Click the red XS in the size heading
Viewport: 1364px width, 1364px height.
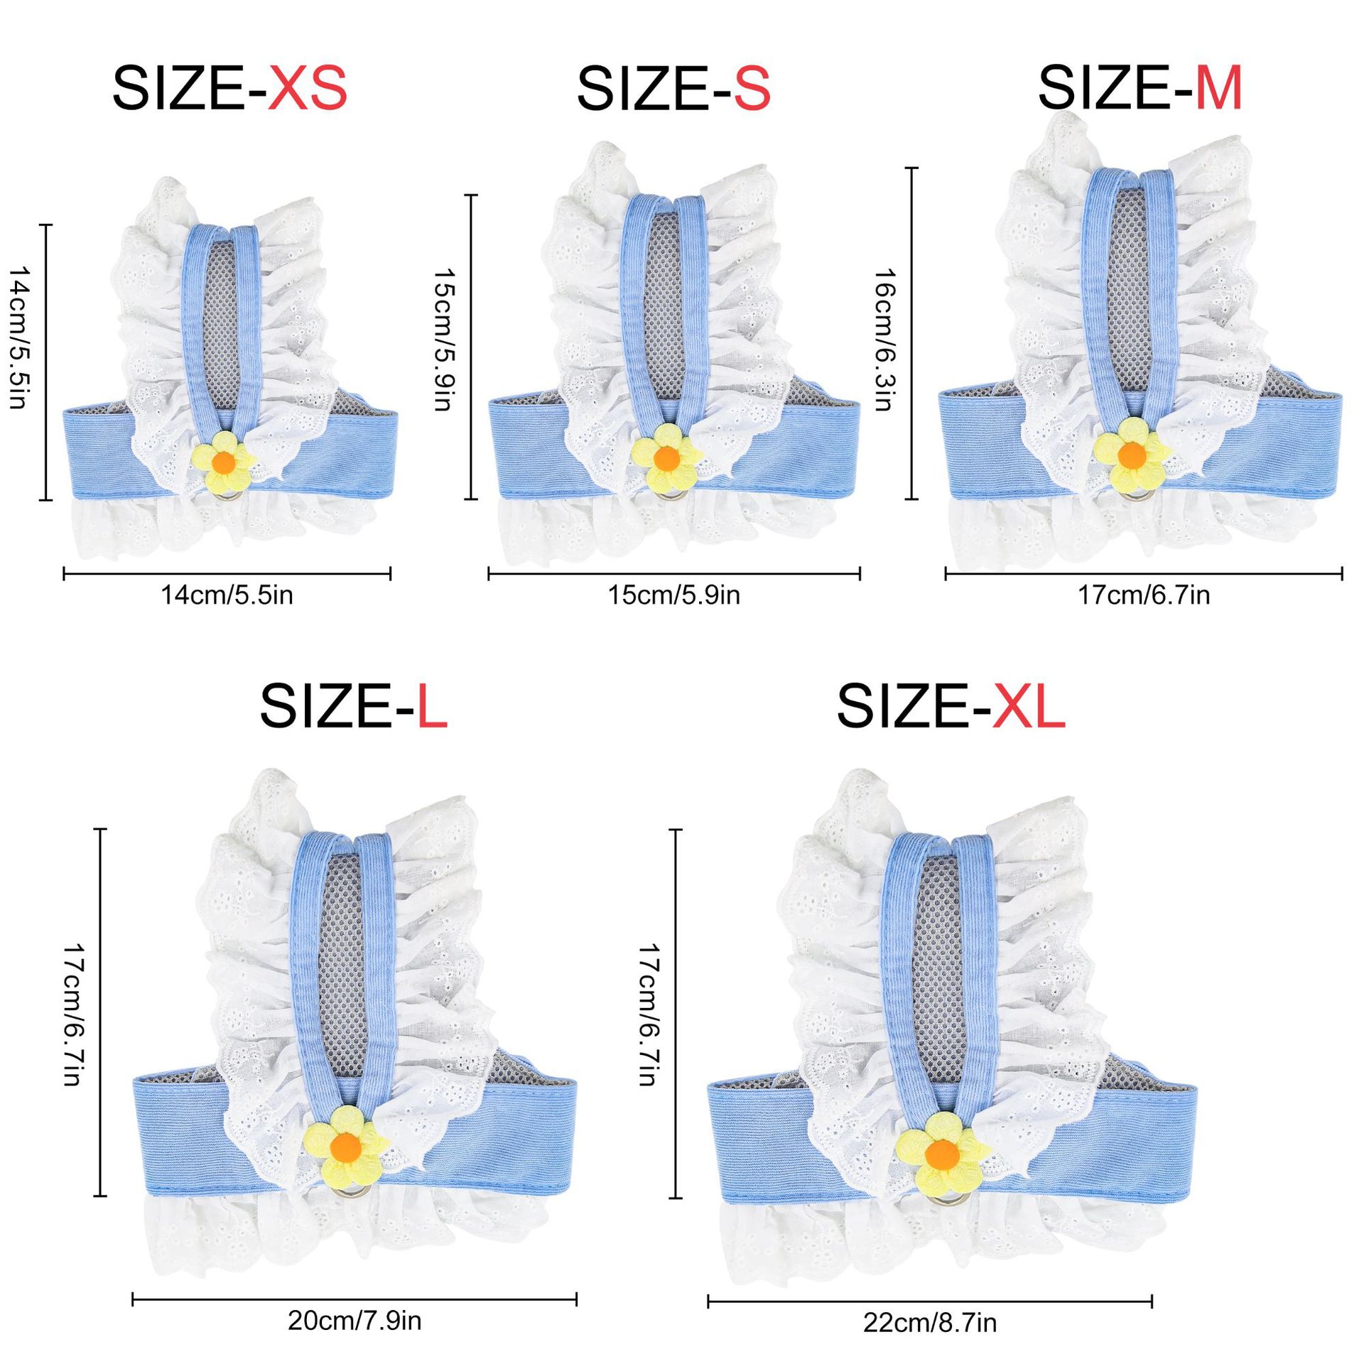point(307,89)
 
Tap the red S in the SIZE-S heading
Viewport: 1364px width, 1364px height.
point(752,89)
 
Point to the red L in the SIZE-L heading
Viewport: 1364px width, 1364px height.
point(431,707)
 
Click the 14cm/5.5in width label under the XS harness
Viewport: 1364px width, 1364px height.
point(227,595)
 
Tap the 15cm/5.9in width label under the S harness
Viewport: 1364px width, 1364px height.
point(673,595)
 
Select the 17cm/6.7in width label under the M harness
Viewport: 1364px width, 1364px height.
point(1144,595)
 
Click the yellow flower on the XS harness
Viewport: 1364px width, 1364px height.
point(224,461)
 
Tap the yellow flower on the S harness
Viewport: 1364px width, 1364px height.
point(666,456)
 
